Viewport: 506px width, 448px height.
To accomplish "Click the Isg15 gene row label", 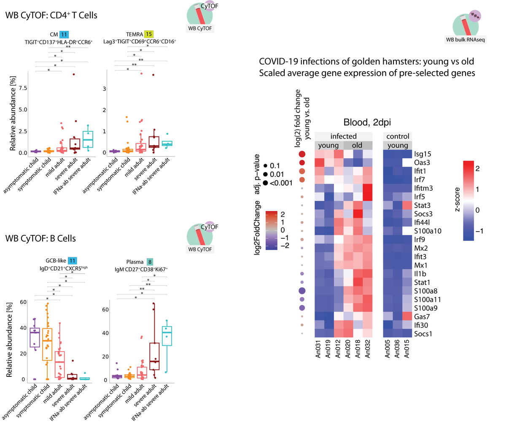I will (422, 154).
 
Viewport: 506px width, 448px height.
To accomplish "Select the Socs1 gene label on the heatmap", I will (423, 334).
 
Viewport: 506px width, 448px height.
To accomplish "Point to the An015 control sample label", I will (407, 349).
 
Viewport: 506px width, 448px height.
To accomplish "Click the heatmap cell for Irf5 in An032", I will (368, 197).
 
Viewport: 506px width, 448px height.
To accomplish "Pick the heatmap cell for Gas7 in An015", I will (407, 317).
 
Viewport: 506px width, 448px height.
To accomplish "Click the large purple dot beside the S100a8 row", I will (302, 291).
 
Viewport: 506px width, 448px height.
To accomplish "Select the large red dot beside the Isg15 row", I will (302, 154).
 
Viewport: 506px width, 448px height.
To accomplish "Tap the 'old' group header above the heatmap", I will (357, 145).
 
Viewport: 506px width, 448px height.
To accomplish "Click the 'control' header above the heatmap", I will (398, 136).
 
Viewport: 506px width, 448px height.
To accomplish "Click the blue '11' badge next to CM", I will (64, 35).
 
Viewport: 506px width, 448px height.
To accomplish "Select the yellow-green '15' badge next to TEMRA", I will (148, 35).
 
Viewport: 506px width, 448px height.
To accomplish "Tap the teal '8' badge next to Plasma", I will (150, 262).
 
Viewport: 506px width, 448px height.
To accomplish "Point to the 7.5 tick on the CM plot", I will (23, 88).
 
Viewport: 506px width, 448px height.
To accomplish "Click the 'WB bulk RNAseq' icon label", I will (466, 40).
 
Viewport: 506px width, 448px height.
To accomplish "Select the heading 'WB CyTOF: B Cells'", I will (40, 238).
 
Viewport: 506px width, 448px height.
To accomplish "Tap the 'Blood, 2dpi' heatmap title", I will (367, 123).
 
